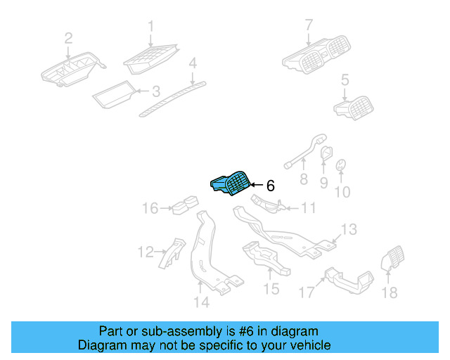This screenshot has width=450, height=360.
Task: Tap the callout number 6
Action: pos(270,186)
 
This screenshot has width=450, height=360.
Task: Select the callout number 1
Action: pos(150,27)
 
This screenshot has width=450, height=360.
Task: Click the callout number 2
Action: pos(68,37)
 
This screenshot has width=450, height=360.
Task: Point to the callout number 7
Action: pos(308,27)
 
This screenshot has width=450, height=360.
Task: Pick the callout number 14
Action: pos(201,302)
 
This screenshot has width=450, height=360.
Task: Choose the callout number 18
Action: pos(389,292)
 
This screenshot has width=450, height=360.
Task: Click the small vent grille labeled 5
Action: pos(354,108)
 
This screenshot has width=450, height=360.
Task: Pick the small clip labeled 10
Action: pos(340,165)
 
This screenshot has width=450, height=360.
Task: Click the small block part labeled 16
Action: pos(185,207)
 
